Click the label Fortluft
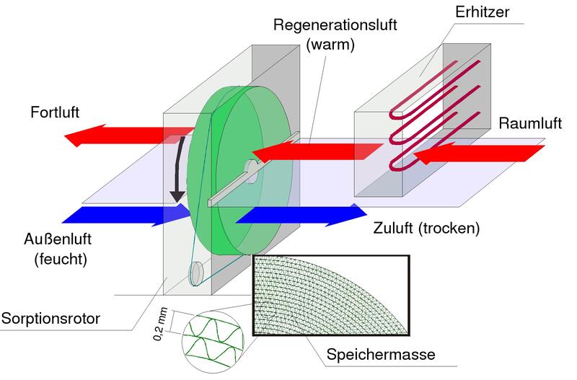(54, 112)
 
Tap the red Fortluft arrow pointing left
(115, 135)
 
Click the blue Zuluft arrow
(303, 214)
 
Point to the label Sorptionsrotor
(53, 317)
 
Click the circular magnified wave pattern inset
(213, 337)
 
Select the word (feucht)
(59, 260)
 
